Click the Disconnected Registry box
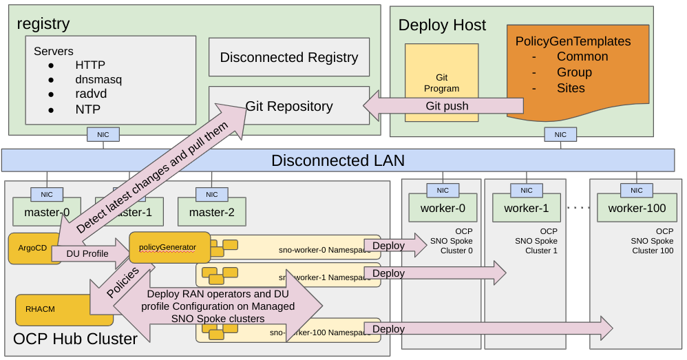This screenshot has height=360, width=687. pos(289,57)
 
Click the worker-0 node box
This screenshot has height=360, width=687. pos(442,207)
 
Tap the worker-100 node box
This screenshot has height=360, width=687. pos(637,207)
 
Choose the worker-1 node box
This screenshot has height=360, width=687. pos(526,207)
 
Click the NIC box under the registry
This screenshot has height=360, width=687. pos(103,135)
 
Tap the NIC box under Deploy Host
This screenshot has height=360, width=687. pos(560,135)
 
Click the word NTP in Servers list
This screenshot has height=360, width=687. pos(87,109)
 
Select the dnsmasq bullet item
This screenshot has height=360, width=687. pos(98,80)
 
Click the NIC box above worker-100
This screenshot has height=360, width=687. pos(637,190)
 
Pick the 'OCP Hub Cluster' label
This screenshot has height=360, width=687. pos(76,339)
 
